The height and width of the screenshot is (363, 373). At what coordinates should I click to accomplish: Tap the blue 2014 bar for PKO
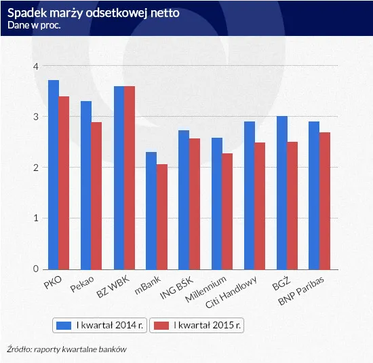pyautogui.click(x=53, y=174)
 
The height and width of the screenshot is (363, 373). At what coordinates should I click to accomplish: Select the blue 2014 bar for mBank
pyautogui.click(x=151, y=210)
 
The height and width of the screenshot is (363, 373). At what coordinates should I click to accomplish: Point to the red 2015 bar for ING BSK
pyautogui.click(x=194, y=204)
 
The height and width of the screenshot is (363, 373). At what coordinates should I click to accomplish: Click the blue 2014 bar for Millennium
pyautogui.click(x=216, y=204)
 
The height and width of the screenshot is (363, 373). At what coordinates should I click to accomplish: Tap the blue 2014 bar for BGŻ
pyautogui.click(x=281, y=193)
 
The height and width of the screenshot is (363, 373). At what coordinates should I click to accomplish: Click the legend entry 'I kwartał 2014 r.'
pyautogui.click(x=101, y=326)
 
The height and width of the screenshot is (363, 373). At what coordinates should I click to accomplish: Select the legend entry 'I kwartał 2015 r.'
pyautogui.click(x=197, y=326)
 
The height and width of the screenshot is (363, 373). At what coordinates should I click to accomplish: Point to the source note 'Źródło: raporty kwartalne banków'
pyautogui.click(x=67, y=349)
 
